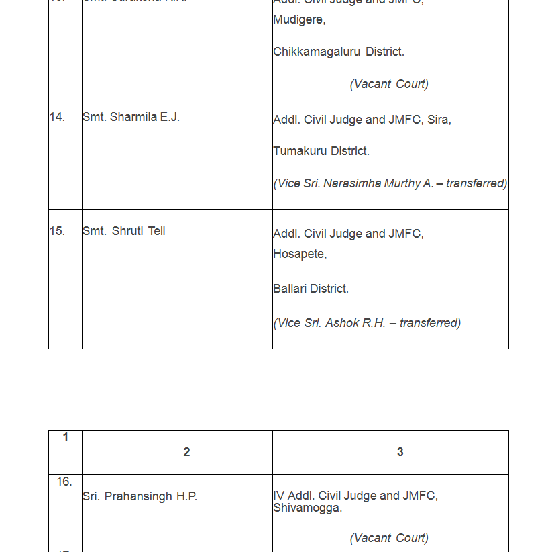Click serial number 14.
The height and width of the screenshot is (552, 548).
tap(57, 117)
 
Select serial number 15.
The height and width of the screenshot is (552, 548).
tap(57, 231)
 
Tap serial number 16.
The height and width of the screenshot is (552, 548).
tap(64, 481)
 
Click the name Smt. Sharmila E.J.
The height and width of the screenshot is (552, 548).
tap(131, 117)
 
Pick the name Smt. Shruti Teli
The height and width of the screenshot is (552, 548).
tap(123, 231)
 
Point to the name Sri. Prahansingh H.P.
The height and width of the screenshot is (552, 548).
tap(140, 497)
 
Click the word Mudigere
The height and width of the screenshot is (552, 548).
tap(298, 20)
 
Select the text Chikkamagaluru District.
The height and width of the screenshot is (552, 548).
tap(338, 52)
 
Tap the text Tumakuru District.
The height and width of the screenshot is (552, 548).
tap(321, 151)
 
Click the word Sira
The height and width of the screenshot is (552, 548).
tap(439, 120)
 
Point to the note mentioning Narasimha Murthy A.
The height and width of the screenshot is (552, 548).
tap(390, 183)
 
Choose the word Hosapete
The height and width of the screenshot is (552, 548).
tap(299, 254)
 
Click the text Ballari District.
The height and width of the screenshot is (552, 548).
tap(311, 289)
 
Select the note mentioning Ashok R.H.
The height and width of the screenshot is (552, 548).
tap(367, 323)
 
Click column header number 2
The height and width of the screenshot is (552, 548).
tap(186, 452)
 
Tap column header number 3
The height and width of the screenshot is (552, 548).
tap(400, 452)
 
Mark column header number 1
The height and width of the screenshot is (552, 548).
tap(65, 437)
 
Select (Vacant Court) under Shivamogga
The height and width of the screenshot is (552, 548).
tap(389, 538)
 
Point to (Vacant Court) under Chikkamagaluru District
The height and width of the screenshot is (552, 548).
tap(389, 84)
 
